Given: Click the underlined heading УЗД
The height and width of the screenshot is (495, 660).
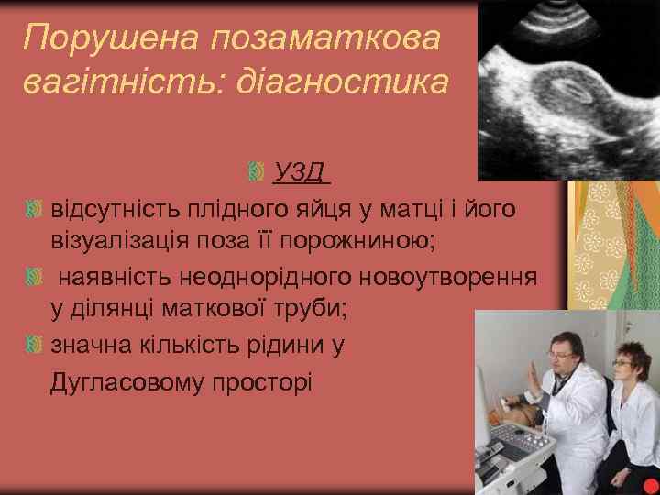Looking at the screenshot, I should [x=302, y=171].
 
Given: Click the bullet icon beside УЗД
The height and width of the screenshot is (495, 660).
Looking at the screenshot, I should [x=257, y=172].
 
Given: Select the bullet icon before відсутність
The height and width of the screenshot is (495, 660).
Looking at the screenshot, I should [x=34, y=210].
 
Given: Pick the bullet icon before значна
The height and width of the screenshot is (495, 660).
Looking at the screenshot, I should [x=34, y=345].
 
